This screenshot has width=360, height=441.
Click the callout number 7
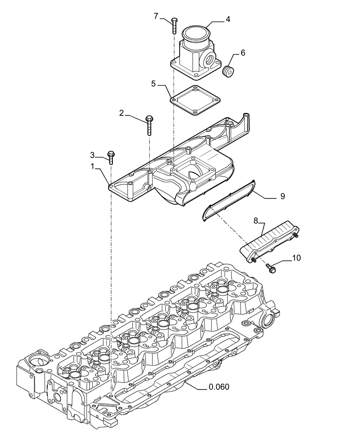156,16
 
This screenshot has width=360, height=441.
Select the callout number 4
228,19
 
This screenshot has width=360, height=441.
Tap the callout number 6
243,52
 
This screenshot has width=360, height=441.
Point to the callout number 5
153,83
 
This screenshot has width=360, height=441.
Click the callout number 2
121,113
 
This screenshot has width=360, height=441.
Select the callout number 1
92,166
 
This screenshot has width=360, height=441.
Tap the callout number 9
282,197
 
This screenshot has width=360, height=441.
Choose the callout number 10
296,258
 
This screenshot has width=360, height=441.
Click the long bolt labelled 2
149,125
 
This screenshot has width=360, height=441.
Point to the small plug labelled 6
229,71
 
